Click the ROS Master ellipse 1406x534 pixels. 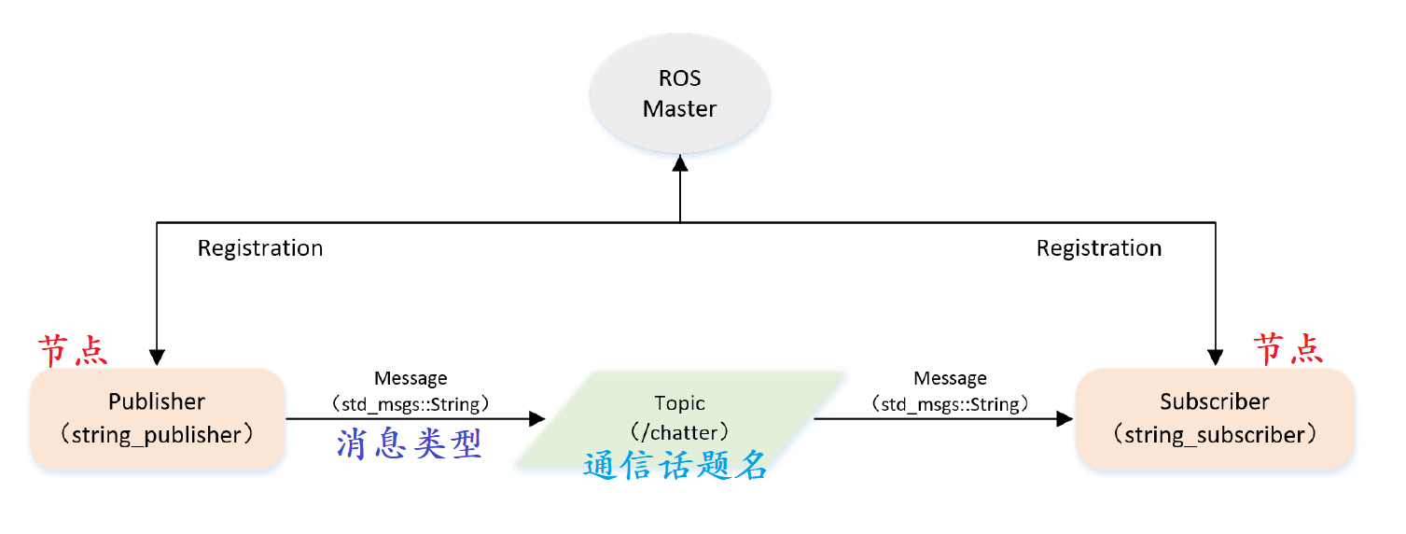(x=679, y=94)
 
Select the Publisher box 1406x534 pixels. (x=157, y=418)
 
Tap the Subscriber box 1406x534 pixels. (x=1215, y=418)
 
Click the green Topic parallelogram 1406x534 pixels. (x=679, y=418)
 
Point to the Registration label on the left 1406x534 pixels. (x=260, y=248)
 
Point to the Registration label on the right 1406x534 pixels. (x=1099, y=248)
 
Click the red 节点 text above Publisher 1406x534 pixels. (x=73, y=351)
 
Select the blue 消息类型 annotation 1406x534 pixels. (x=410, y=445)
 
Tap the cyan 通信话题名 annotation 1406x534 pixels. (x=675, y=465)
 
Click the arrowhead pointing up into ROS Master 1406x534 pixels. (x=680, y=164)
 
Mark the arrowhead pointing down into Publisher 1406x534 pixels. (x=157, y=358)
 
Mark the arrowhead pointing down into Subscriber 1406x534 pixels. (x=1215, y=358)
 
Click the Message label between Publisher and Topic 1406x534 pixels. (x=411, y=379)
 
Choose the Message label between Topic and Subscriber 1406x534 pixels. (x=950, y=379)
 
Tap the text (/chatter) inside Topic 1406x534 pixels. (x=679, y=433)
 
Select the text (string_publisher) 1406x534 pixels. (x=157, y=435)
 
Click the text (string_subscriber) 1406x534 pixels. (x=1215, y=435)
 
